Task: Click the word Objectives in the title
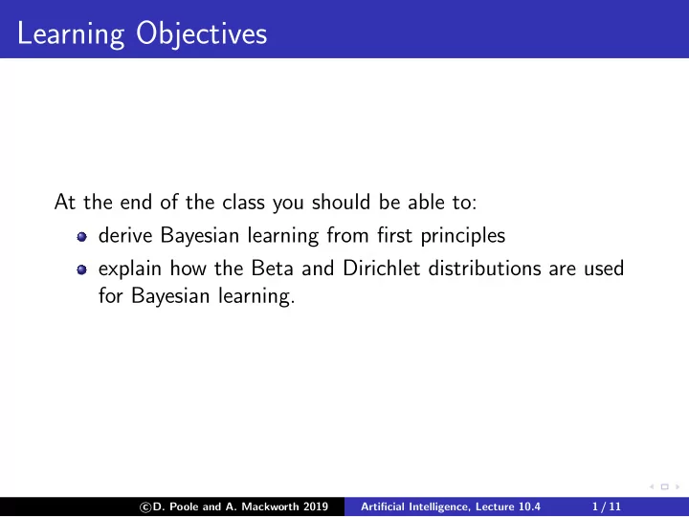[x=201, y=34]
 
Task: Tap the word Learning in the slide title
[x=71, y=34]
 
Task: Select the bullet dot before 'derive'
[x=81, y=237]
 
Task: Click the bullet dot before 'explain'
[x=81, y=269]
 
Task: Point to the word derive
[x=125, y=235]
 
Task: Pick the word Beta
[x=272, y=269]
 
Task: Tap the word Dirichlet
[x=382, y=269]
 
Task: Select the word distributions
[x=484, y=269]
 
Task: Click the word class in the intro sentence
[x=243, y=203]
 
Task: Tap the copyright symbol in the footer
[x=145, y=507]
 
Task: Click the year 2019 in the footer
[x=316, y=506]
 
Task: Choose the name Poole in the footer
[x=184, y=506]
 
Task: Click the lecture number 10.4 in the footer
[x=529, y=506]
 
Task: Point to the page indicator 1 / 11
[x=607, y=506]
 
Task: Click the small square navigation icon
[x=665, y=486]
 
